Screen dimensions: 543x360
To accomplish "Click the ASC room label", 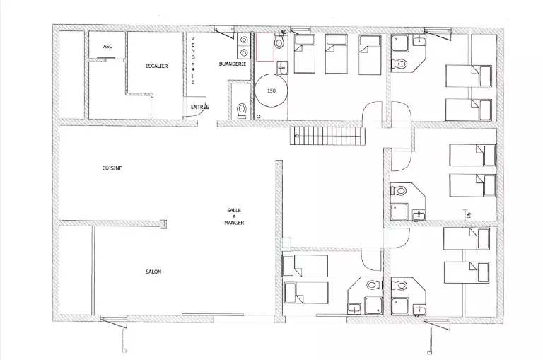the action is (107, 47).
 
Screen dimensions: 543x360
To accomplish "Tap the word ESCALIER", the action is (156, 66).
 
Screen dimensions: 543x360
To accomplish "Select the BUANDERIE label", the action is (233, 64).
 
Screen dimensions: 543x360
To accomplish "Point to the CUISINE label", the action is (112, 168).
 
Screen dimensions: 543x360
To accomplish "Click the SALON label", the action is (153, 272).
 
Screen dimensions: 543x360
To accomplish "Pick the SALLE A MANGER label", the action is (234, 216).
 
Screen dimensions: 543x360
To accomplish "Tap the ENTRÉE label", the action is (200, 107).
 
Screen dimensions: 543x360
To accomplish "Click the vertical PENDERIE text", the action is (193, 60).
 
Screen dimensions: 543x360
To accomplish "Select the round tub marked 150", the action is (271, 91).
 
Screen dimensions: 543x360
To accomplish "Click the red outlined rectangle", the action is (265, 47).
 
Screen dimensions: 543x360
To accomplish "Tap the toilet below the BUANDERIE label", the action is (241, 110).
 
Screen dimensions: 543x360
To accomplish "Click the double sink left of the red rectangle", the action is (244, 47).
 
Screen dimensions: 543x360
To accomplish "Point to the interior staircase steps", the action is (327, 136).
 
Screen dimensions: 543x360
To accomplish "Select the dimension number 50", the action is (468, 215).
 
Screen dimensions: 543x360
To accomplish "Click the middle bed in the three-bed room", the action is (337, 54).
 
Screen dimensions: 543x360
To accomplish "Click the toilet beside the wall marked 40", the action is (279, 42).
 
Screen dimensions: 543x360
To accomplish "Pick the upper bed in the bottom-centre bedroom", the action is (305, 266).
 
